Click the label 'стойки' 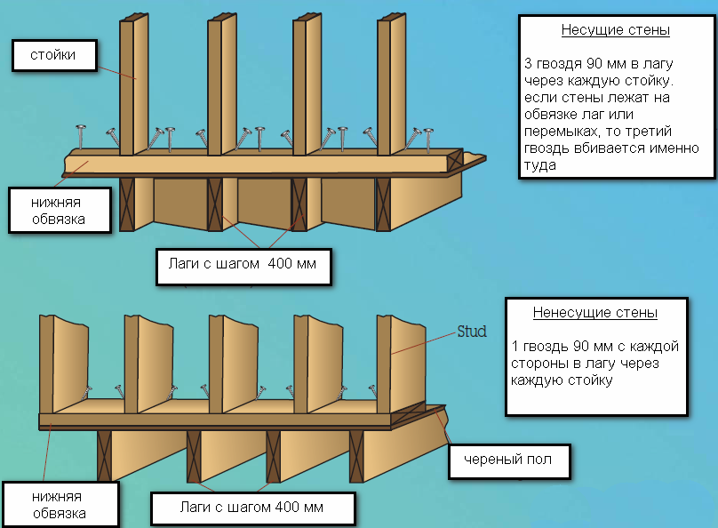(52, 56)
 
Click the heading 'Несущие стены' (615, 30)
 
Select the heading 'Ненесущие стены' (595, 313)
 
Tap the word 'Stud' (472, 332)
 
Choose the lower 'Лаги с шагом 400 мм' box (252, 508)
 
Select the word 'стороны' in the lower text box (539, 364)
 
